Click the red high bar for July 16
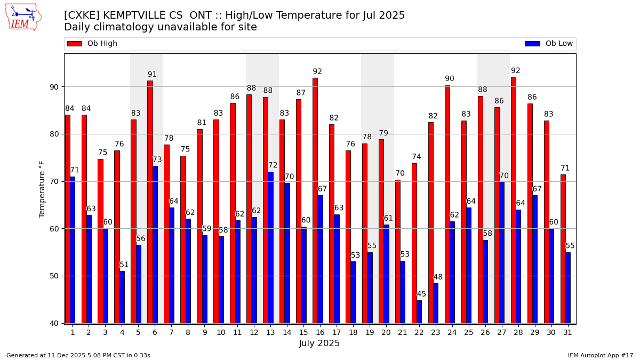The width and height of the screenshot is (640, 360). (x=315, y=201)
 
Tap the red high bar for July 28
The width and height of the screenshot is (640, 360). (x=514, y=200)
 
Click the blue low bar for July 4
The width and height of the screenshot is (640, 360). (x=122, y=297)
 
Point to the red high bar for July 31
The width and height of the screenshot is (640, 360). (x=563, y=249)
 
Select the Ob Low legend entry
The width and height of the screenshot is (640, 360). (x=549, y=44)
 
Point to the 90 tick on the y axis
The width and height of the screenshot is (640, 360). (x=54, y=87)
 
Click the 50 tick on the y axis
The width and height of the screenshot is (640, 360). (x=54, y=276)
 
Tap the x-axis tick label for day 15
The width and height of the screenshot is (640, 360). (x=303, y=332)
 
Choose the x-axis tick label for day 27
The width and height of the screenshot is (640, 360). (x=502, y=332)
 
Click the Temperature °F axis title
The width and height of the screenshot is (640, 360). (x=42, y=189)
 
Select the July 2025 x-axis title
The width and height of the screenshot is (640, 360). (x=319, y=343)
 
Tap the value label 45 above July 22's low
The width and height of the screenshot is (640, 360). (x=421, y=294)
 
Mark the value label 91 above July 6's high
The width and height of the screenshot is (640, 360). (x=153, y=75)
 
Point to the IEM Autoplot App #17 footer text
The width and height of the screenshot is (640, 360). (x=601, y=355)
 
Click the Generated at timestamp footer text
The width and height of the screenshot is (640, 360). (x=78, y=355)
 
